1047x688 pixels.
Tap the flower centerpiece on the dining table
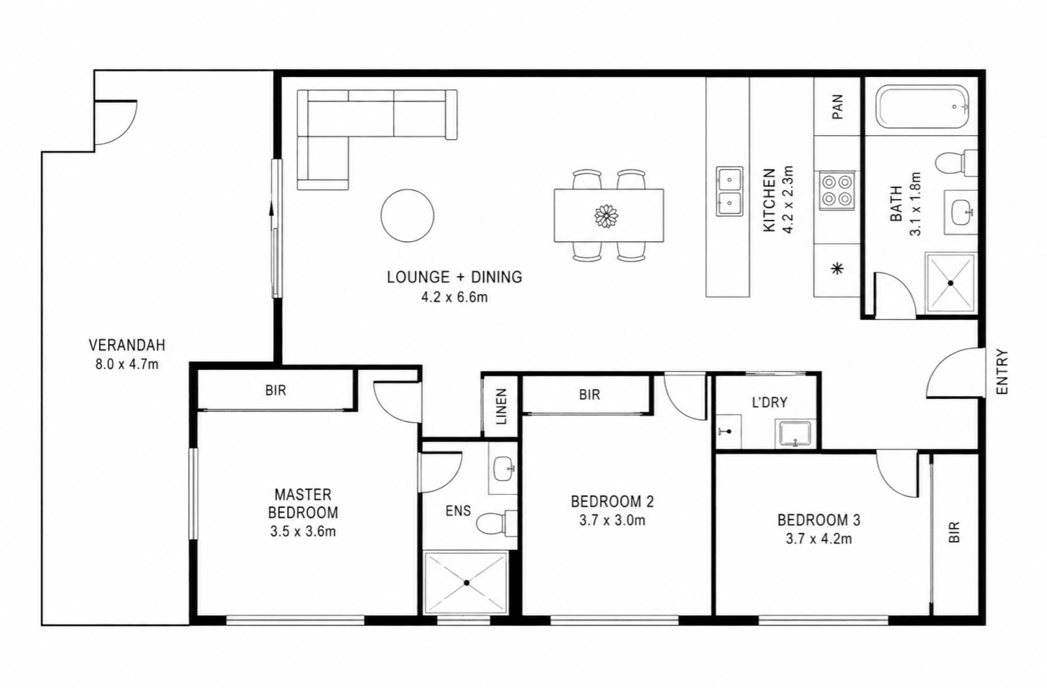[606, 216]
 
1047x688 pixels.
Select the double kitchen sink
[729, 191]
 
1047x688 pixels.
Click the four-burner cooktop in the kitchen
[837, 190]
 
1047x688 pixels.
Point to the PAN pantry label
[838, 107]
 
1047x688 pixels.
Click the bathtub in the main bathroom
[922, 107]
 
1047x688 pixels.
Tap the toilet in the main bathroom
[956, 162]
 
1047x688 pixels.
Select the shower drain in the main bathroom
[950, 283]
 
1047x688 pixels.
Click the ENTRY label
[1002, 372]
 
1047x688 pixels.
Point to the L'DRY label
[769, 402]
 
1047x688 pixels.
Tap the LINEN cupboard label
[502, 406]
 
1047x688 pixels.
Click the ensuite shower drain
[467, 583]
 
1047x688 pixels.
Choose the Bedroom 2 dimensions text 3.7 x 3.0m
[612, 521]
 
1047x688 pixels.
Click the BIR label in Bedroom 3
[954, 532]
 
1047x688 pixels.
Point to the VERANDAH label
[127, 345]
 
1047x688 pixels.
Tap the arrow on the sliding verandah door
[272, 216]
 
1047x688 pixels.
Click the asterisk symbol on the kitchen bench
[837, 270]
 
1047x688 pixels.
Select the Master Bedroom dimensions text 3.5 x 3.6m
[303, 531]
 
